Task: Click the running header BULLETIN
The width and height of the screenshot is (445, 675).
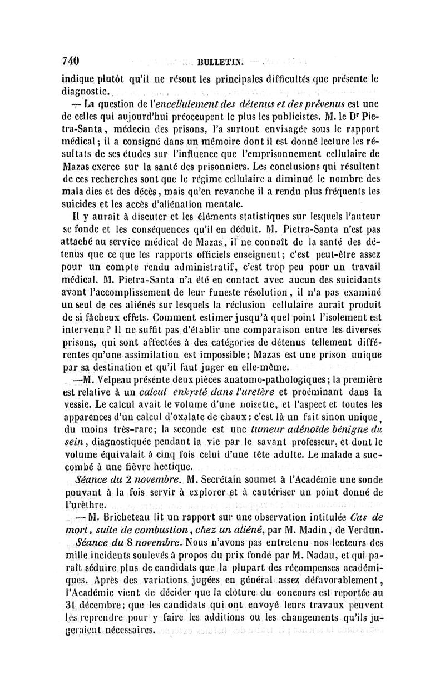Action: coord(214,62)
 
